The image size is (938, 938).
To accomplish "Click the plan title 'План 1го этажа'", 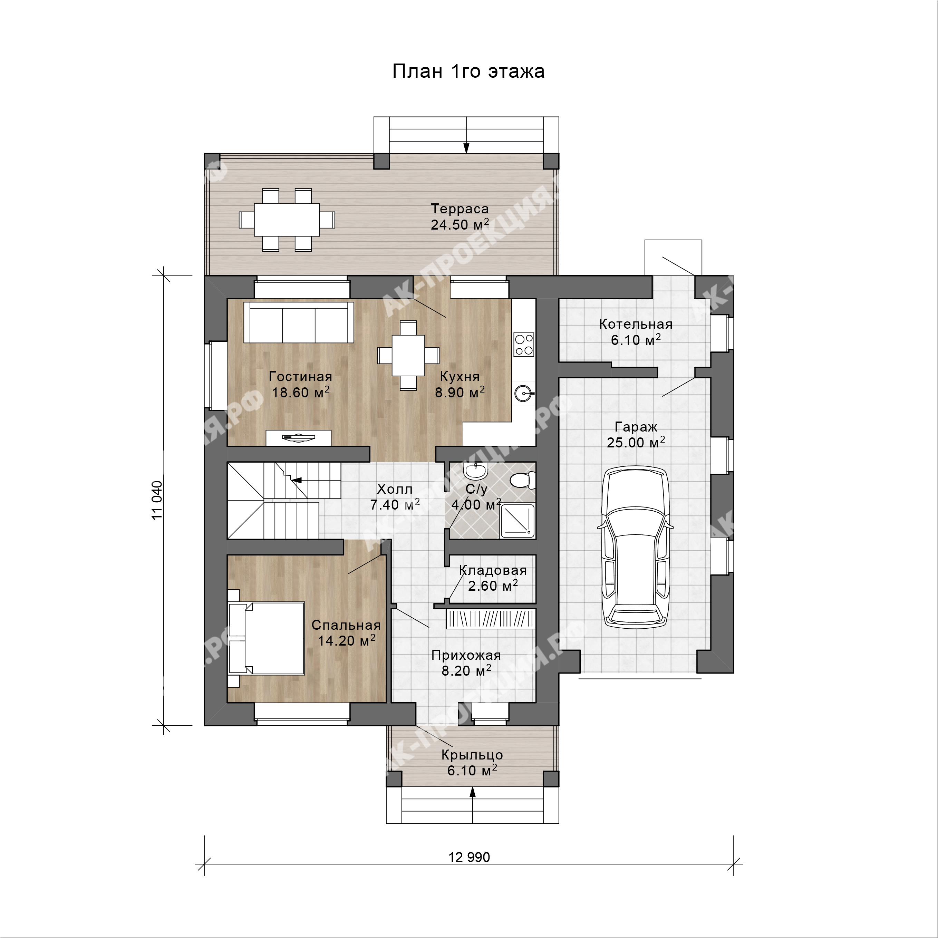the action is click(468, 71).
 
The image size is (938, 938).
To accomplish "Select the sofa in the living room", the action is click(299, 322).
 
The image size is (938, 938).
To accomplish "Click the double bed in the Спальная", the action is click(266, 638).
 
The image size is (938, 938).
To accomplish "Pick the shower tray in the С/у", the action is click(518, 521).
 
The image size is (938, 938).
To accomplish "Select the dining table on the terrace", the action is click(287, 220).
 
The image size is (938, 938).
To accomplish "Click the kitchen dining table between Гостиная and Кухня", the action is click(408, 355).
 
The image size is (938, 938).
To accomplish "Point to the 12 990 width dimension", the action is click(469, 857).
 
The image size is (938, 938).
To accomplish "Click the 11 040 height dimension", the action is click(157, 500).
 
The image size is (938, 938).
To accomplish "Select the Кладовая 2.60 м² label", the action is click(493, 578).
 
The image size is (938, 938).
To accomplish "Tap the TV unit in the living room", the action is click(299, 438).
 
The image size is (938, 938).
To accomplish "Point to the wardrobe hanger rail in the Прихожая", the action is click(491, 619).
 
